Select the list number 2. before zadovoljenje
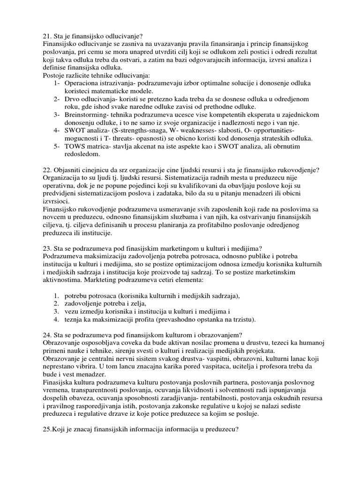click(55, 303)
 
